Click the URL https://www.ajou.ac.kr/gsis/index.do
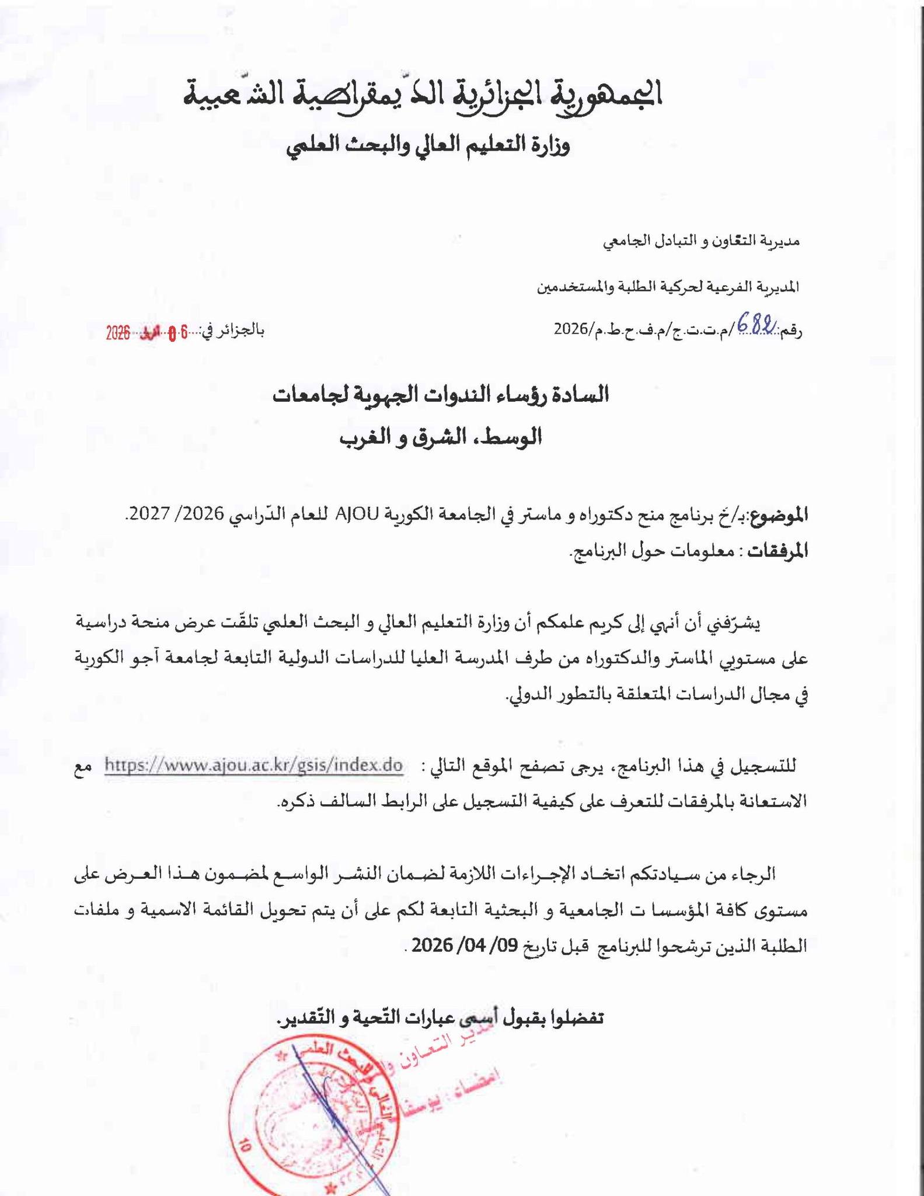pos(254,764)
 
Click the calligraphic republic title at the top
pos(423,94)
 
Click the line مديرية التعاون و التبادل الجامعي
pos(701,240)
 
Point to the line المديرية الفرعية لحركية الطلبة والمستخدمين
pos(668,287)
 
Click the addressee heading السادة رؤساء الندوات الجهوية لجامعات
pos(441,395)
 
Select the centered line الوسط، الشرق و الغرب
pos(441,437)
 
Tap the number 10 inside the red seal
pos(244,1147)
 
